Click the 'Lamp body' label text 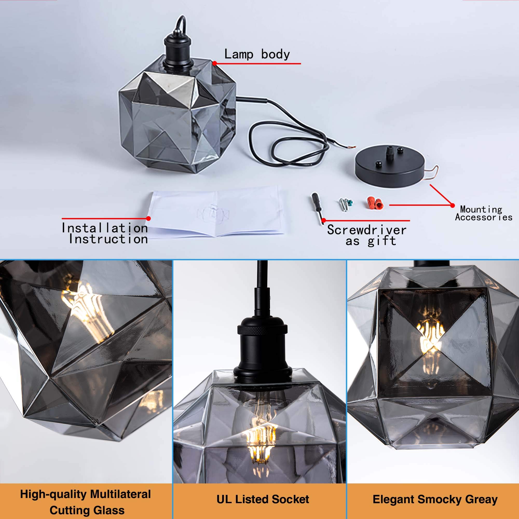coord(257,54)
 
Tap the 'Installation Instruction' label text coord(105,234)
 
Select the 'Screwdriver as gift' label coord(367,235)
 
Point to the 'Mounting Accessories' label coord(483,213)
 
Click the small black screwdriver coord(317,207)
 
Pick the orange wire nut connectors coord(375,203)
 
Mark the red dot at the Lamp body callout coord(215,63)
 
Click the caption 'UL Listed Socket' coord(263,499)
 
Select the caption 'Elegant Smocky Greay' coord(435,499)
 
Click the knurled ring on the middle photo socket coord(262,329)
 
